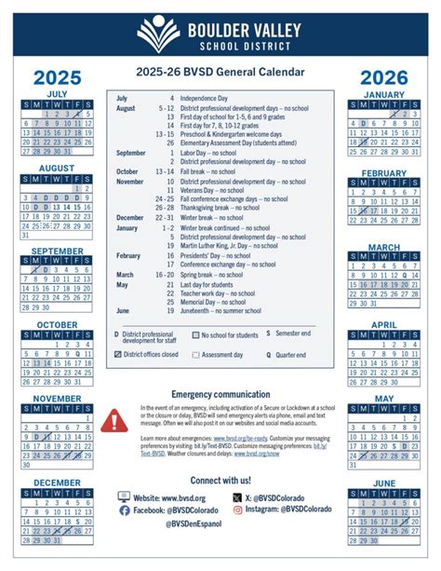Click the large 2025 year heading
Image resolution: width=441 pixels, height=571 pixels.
click(57, 77)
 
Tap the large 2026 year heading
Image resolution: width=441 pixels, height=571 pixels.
click(384, 77)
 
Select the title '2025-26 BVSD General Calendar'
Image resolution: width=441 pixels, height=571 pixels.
click(220, 71)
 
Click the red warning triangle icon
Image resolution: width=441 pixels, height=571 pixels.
click(115, 421)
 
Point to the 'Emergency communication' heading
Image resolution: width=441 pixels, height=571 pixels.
click(220, 394)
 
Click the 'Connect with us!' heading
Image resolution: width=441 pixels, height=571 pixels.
click(220, 480)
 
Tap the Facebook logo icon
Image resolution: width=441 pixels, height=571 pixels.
click(125, 510)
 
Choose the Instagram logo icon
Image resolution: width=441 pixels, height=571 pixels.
click(237, 510)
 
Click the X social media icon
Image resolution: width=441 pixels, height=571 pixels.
click(237, 497)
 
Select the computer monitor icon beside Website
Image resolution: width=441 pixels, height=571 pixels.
click(125, 497)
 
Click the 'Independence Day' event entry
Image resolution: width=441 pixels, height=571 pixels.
click(206, 98)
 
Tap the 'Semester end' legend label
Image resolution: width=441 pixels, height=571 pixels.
click(297, 332)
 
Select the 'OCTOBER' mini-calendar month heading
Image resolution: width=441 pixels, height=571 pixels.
click(57, 325)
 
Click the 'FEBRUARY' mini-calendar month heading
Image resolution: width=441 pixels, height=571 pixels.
click(384, 173)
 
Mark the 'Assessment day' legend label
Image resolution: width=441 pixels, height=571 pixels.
click(225, 354)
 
